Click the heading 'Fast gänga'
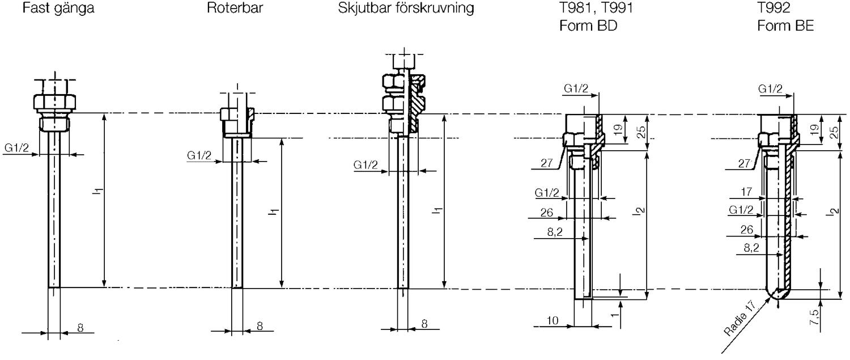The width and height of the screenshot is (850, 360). (x=58, y=9)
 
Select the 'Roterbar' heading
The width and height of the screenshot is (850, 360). (x=235, y=8)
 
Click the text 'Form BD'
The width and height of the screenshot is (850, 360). (x=588, y=26)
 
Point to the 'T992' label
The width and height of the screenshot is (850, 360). (x=773, y=8)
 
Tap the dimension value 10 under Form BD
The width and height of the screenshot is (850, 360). (x=552, y=321)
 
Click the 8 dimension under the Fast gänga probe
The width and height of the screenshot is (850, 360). (x=80, y=327)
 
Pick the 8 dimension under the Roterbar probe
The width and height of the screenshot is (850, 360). (x=260, y=326)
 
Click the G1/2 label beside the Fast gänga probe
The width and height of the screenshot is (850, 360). (x=16, y=147)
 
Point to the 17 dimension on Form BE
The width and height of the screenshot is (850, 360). (x=746, y=192)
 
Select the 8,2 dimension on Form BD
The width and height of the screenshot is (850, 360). (x=555, y=232)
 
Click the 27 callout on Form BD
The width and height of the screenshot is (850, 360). (x=546, y=163)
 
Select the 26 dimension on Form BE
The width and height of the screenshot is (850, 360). (x=746, y=230)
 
